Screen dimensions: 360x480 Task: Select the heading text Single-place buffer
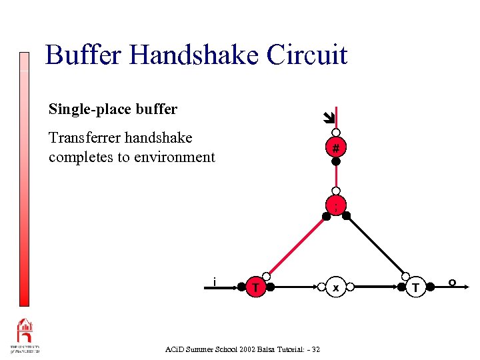point(113,109)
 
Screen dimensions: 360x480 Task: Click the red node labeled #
point(337,147)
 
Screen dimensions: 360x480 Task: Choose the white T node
point(417,287)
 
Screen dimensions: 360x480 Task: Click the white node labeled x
point(336,287)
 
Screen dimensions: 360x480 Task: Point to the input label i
point(214,281)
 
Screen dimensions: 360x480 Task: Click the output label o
point(452,283)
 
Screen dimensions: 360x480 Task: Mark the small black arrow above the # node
point(327,119)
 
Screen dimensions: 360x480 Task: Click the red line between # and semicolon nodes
point(337,179)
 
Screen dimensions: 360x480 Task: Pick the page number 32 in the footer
point(315,349)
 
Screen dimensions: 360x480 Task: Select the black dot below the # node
point(337,161)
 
